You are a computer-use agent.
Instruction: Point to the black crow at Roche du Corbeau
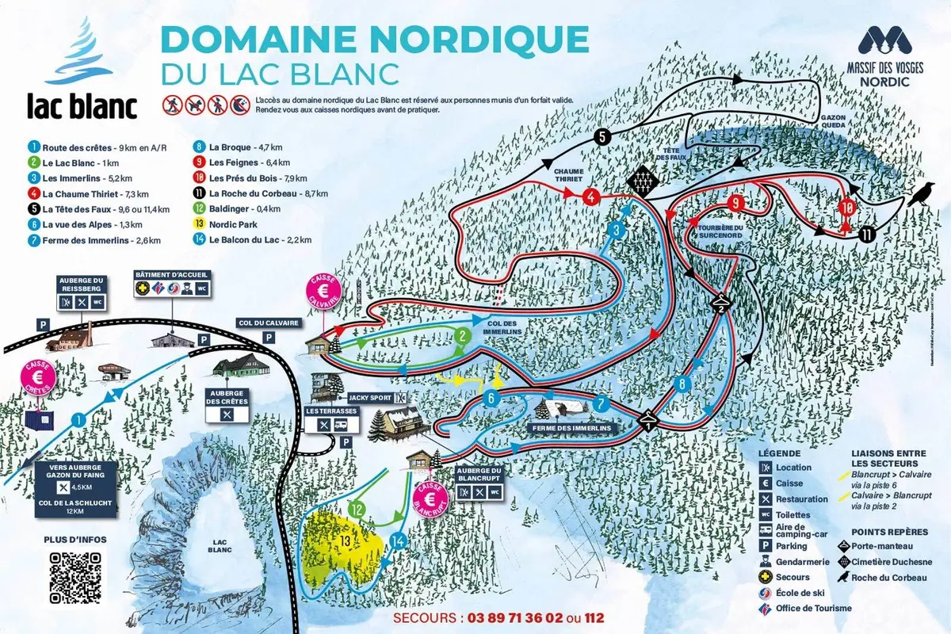[919, 194]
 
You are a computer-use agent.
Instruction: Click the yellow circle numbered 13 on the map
[344, 540]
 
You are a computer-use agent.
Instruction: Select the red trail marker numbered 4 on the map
[590, 196]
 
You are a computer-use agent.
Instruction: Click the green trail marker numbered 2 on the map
[460, 336]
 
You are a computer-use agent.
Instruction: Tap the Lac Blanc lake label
[220, 547]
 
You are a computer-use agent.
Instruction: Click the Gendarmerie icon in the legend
[765, 562]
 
